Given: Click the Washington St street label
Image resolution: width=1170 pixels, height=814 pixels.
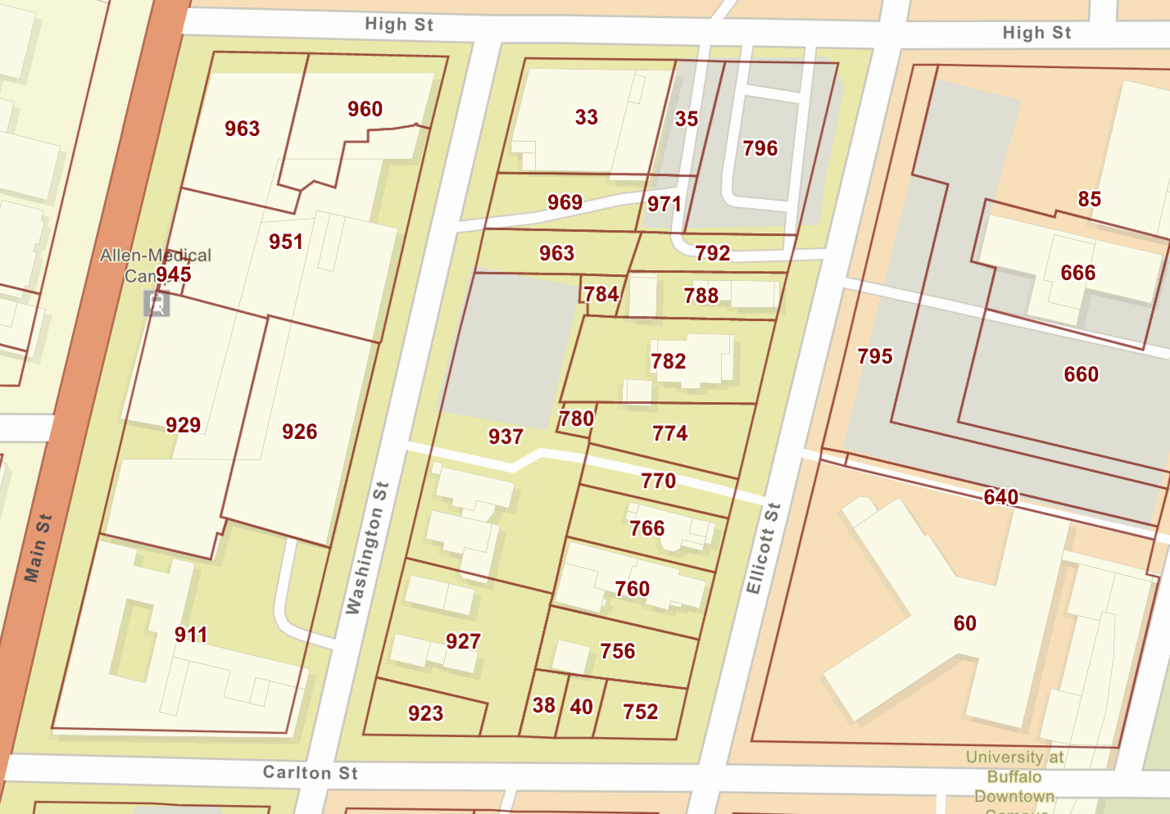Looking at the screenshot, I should tap(366, 547).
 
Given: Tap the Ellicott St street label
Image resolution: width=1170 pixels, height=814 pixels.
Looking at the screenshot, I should tap(763, 548).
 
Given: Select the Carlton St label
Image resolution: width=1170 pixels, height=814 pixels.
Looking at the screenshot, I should tap(310, 772).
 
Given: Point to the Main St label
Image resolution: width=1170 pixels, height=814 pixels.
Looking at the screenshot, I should tap(38, 548).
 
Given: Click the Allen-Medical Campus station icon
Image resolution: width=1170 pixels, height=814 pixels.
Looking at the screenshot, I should tap(156, 304).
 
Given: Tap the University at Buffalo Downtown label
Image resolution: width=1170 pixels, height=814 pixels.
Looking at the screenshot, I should tap(1014, 776).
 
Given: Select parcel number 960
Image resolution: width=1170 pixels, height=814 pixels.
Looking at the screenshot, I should tap(365, 109).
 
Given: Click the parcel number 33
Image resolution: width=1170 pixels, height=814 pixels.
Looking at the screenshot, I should tap(586, 117).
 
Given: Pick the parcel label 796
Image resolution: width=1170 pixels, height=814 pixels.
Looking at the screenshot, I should tap(760, 148).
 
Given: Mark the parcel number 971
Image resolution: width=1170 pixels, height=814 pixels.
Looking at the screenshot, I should tap(664, 204).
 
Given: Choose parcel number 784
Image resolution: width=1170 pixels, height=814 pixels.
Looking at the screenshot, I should tap(601, 294).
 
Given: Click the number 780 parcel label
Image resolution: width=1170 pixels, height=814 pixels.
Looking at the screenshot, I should tap(576, 418).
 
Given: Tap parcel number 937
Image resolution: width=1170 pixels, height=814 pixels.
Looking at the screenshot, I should tap(506, 436).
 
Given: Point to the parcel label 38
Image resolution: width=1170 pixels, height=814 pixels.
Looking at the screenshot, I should tap(543, 705).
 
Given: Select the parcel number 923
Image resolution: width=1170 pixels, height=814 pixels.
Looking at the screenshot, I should tap(425, 713).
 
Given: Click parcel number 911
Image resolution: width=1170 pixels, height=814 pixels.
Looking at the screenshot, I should tap(190, 635).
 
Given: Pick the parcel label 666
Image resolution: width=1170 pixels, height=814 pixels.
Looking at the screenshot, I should tap(1077, 273).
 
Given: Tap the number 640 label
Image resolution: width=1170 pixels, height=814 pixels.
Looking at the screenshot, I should tap(1000, 497).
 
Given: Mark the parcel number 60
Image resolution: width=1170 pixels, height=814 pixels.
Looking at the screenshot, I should tap(964, 623).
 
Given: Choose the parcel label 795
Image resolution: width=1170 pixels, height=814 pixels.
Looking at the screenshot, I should tap(874, 356).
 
